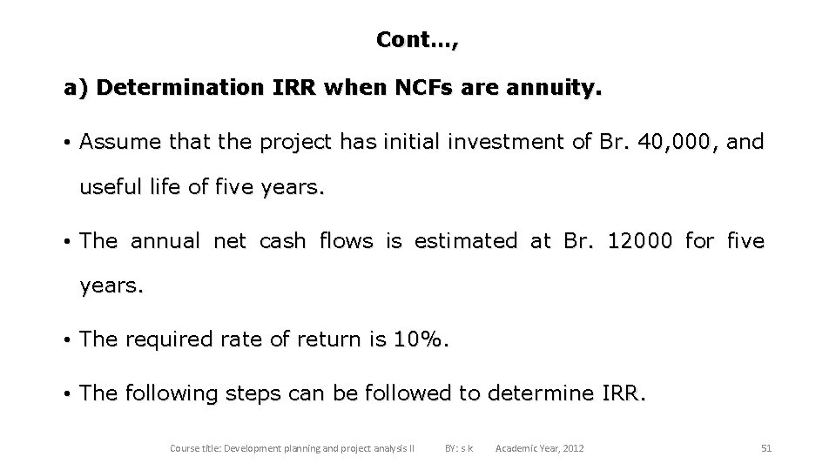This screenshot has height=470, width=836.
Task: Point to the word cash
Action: pos(283,241)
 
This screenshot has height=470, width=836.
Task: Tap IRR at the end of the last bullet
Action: pos(624,393)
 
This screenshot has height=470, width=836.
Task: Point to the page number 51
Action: pos(766,448)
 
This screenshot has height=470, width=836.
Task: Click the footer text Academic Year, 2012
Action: pos(539,448)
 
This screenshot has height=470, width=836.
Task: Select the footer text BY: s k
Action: pos(459,448)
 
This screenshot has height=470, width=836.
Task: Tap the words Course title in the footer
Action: pos(195,448)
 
